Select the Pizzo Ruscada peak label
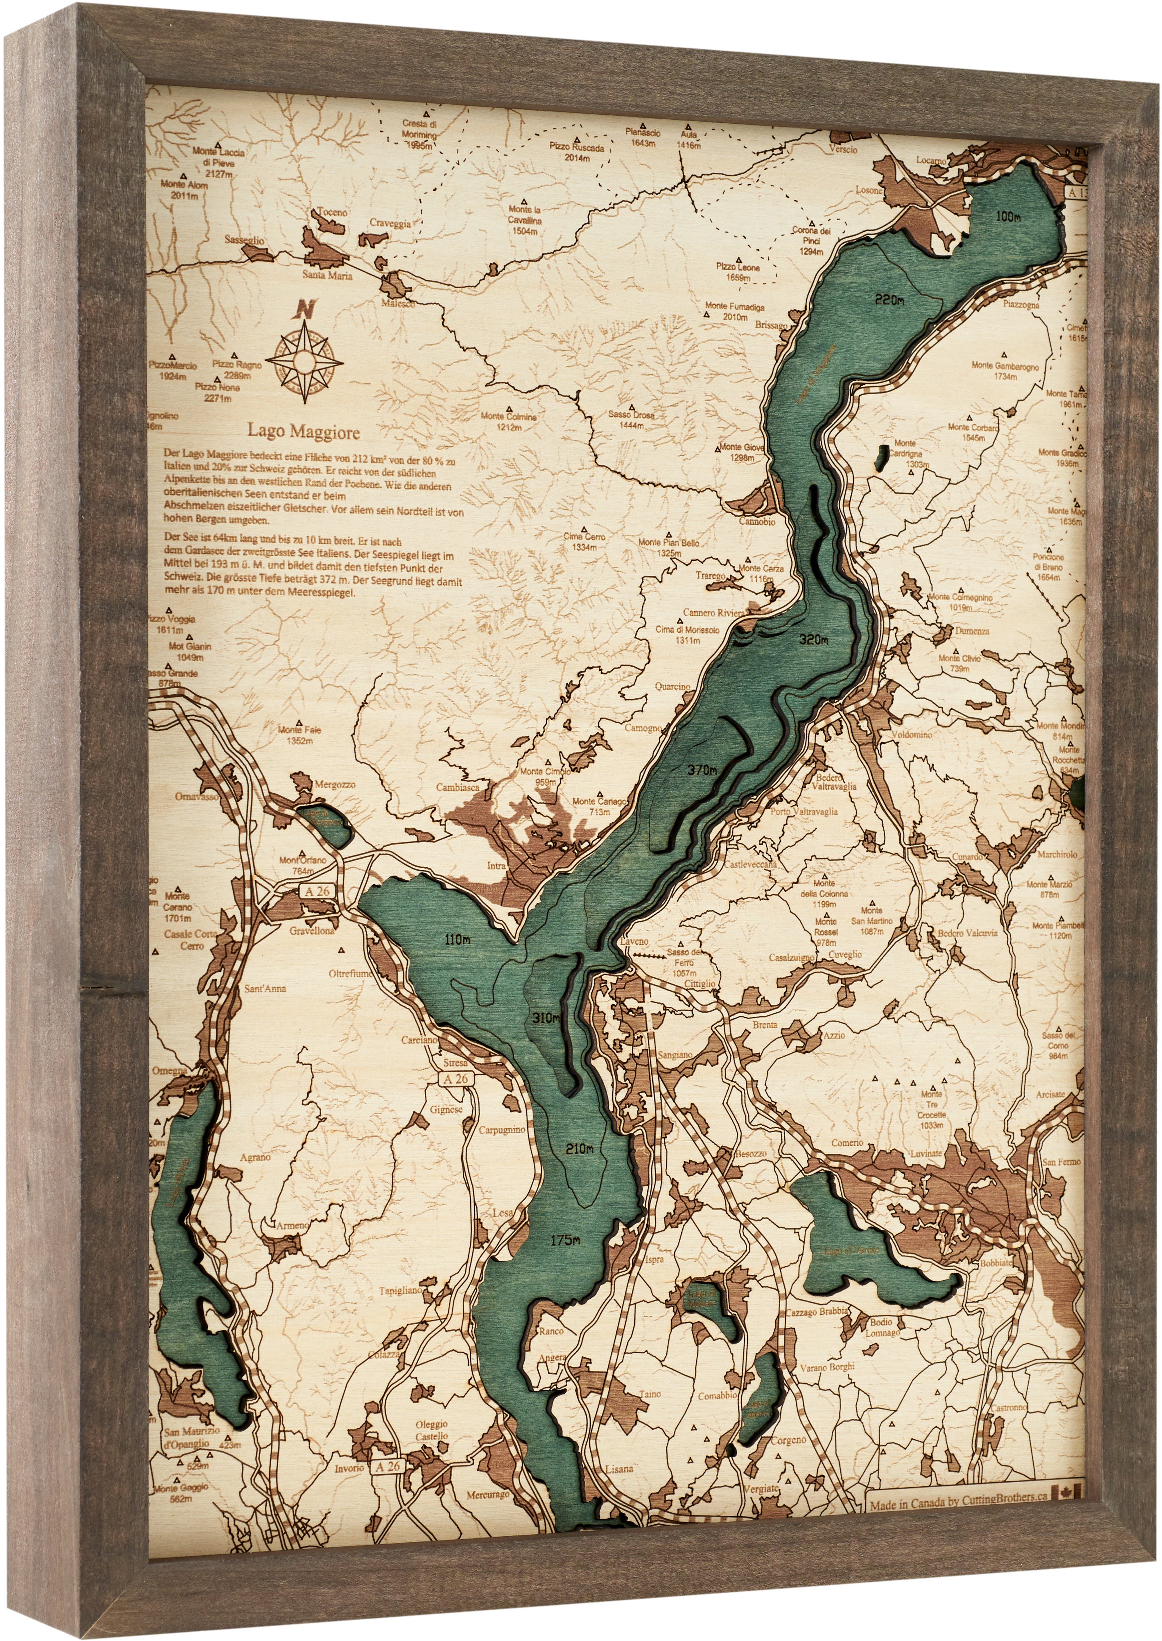click(577, 148)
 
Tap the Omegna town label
click(169, 1071)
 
